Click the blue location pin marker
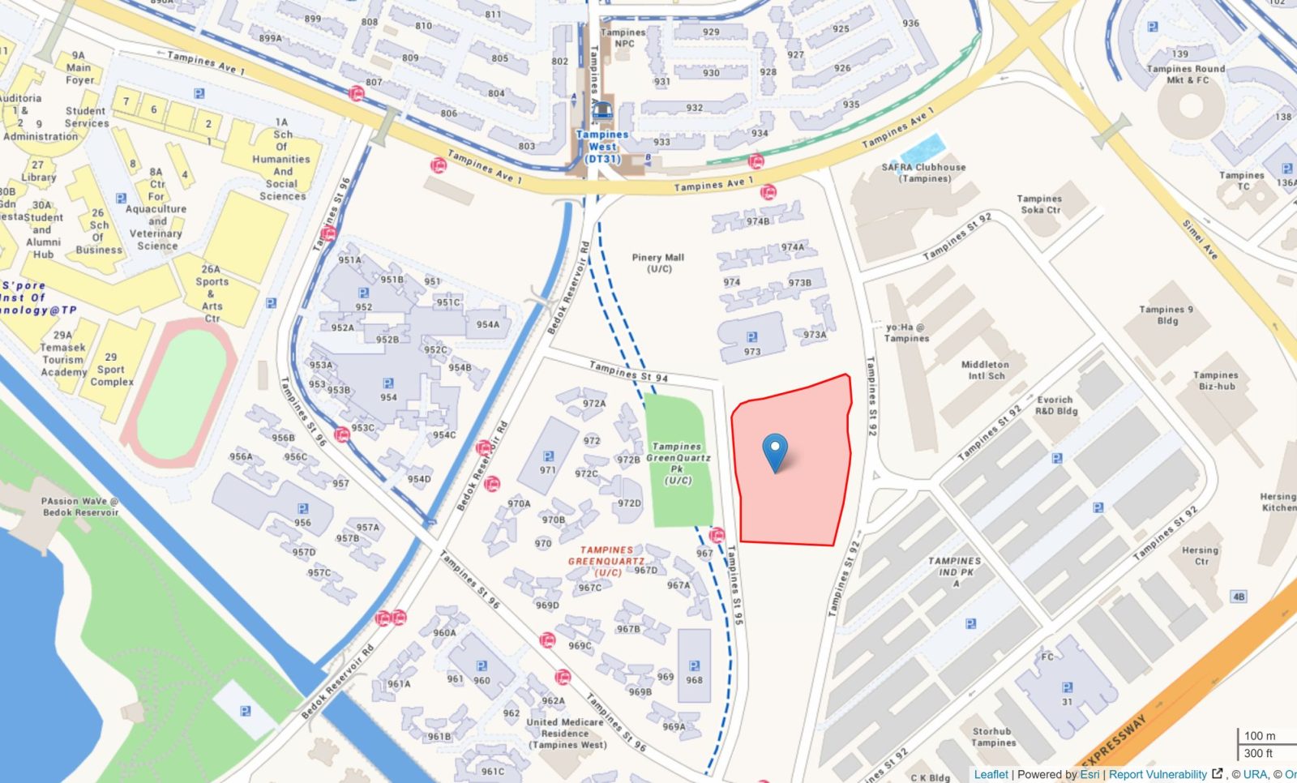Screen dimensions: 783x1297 (x=776, y=451)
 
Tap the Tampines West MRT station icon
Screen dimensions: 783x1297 (x=601, y=111)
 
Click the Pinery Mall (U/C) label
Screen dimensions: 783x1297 (x=658, y=263)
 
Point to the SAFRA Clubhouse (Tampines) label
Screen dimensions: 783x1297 (x=923, y=173)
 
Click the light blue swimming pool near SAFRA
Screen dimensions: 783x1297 (x=922, y=150)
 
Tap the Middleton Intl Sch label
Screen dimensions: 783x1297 (x=985, y=370)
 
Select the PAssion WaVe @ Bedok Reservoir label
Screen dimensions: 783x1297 (x=80, y=507)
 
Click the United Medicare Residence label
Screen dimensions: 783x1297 (x=565, y=733)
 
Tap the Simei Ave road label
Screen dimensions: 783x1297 (x=1201, y=239)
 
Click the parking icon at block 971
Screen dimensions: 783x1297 (x=548, y=456)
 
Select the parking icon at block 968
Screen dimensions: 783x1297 (x=694, y=666)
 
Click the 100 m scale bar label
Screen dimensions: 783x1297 (x=1259, y=736)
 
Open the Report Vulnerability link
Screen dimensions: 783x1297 (x=1158, y=774)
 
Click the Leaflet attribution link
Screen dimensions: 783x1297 (x=991, y=774)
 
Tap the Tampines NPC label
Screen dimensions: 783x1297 (x=623, y=38)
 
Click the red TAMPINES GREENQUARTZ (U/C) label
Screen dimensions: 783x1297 (x=606, y=561)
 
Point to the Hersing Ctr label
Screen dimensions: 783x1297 (x=1200, y=555)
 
